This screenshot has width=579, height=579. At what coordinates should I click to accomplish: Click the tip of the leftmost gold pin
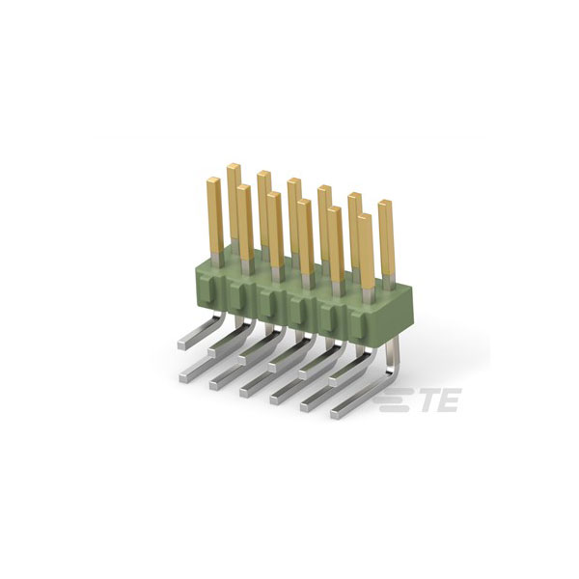[214, 180]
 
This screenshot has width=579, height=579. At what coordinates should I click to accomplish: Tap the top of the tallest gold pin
[234, 166]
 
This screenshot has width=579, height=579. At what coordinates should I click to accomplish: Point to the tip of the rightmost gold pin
[385, 203]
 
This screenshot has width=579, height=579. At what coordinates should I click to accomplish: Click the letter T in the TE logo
[431, 400]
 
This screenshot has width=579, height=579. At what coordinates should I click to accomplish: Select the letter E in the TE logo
[450, 400]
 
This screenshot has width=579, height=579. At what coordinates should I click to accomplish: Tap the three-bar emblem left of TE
[395, 400]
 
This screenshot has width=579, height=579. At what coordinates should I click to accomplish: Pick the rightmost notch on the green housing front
[356, 321]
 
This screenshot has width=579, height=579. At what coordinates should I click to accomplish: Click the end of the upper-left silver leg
[181, 345]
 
